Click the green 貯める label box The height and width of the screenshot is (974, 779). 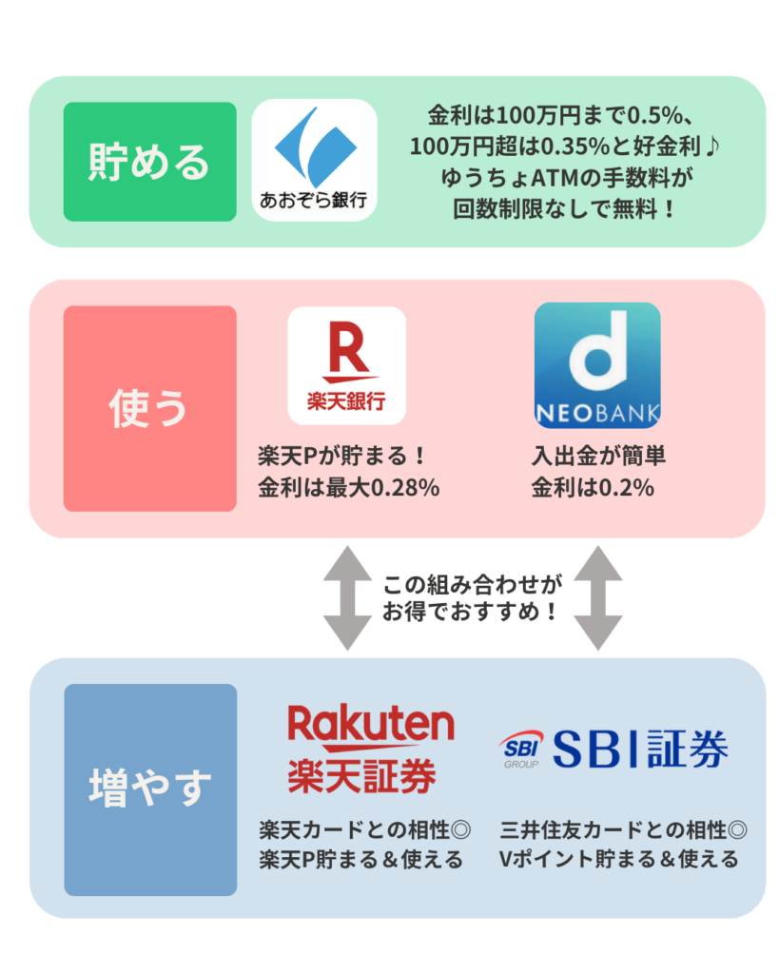149,162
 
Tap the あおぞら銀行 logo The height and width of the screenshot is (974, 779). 314,161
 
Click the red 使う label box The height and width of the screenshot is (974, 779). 149,408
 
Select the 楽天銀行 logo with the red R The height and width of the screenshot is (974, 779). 346,365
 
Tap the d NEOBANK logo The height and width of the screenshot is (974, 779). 597,365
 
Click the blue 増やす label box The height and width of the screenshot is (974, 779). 149,789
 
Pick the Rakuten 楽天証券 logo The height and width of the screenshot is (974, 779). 370,750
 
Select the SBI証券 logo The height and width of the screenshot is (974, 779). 614,750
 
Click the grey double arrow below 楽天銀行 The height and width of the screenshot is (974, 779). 347,597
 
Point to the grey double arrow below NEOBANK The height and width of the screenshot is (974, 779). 598,597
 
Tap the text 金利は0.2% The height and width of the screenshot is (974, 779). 592,489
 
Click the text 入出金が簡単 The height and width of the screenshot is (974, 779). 598,457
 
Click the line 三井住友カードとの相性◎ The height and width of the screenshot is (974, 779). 623,829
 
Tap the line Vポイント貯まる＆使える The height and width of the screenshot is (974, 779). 618,859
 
